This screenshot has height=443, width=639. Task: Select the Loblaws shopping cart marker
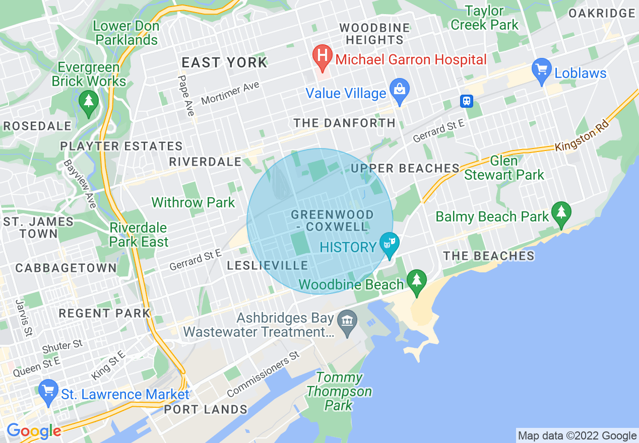[x=542, y=72]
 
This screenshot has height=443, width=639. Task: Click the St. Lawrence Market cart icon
[x=49, y=392]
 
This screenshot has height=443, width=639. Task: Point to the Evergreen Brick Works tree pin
[x=89, y=103]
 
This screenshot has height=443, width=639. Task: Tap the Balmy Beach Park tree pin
[x=561, y=214]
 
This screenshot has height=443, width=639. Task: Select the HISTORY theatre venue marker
[x=389, y=245]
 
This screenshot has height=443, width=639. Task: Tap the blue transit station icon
[x=467, y=101]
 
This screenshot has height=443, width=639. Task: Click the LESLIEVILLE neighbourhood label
[x=267, y=265]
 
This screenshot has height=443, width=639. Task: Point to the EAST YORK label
[x=224, y=62]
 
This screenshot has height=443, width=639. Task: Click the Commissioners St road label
[x=263, y=374]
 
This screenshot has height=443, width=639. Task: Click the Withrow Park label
[x=193, y=202]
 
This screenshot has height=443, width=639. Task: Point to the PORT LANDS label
[x=206, y=409]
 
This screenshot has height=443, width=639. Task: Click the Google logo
[x=34, y=431]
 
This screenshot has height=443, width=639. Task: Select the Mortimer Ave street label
[x=230, y=93]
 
